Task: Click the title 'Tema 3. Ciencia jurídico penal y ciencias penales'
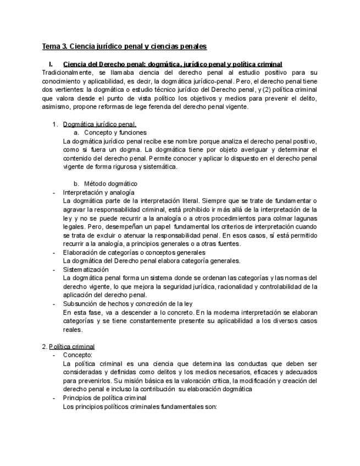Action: click(x=124, y=47)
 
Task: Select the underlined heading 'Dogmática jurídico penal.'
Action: click(x=99, y=124)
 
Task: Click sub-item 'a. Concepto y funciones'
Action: click(x=110, y=132)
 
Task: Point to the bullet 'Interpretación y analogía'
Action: click(x=98, y=192)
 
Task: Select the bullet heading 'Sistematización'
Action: click(x=86, y=269)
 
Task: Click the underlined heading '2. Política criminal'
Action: click(x=68, y=346)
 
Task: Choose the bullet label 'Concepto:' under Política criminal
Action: click(x=77, y=355)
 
